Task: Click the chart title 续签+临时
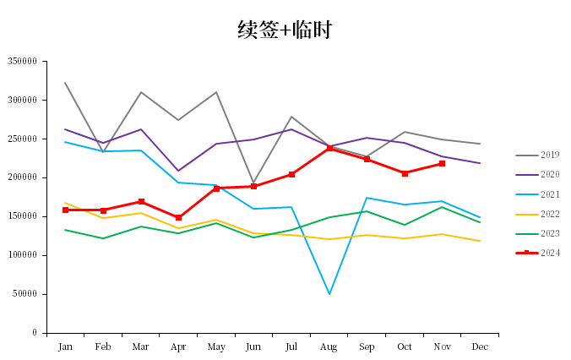285,30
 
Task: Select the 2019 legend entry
550,155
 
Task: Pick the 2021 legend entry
550,194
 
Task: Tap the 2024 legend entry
550,253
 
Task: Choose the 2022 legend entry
550,214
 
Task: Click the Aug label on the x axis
329,346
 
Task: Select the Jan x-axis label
65,346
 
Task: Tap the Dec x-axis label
480,346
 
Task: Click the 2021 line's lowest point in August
329,294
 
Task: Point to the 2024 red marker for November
443,163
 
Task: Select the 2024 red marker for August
329,148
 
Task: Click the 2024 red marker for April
178,217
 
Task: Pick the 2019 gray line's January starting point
65,83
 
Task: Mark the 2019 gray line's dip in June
253,183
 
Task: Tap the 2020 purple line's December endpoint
480,163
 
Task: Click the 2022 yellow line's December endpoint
480,241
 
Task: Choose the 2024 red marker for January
65,210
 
